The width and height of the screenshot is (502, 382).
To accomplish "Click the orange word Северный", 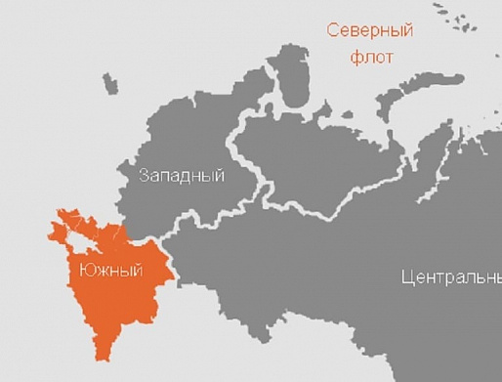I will tap(369, 30).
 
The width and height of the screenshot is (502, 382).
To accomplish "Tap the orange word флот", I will tap(371, 57).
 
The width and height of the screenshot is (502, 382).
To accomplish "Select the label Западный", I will tap(182, 176).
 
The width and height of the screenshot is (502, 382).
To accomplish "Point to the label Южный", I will tap(105, 269).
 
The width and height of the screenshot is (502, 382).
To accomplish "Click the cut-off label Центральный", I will tap(450, 276).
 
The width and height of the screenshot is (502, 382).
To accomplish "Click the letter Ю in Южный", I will tap(73, 269).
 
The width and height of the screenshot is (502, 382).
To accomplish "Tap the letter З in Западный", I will tap(144, 176).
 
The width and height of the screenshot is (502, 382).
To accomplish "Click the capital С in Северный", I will tap(332, 30).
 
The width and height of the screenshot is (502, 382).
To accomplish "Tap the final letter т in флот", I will tap(390, 57).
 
